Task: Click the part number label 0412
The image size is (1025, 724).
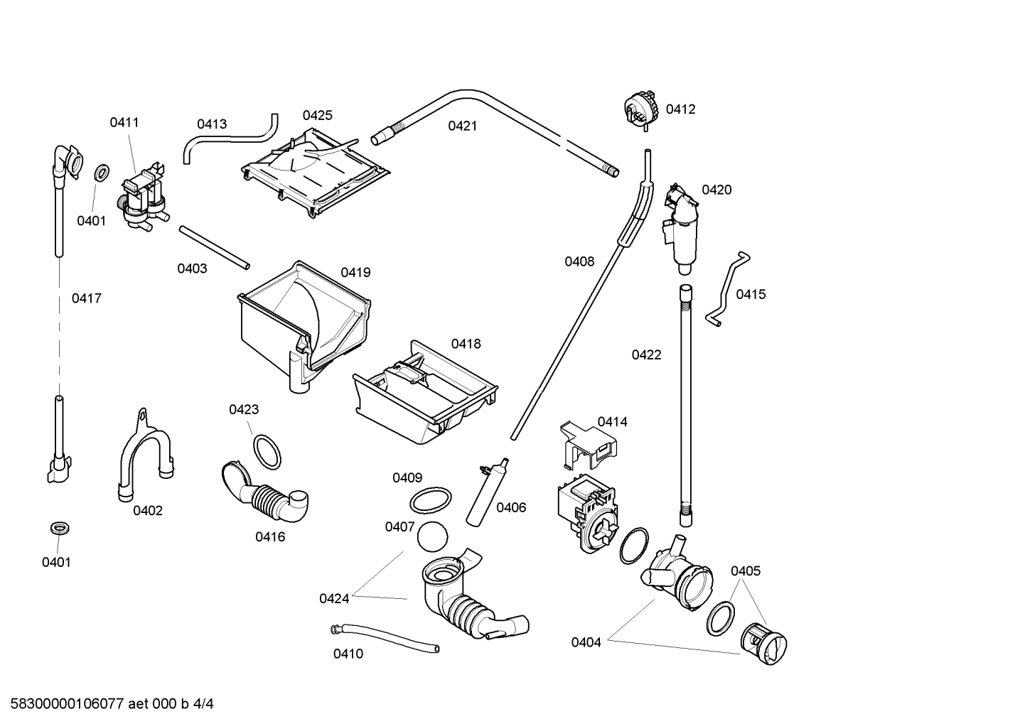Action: pos(680,109)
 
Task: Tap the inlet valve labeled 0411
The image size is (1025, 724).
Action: pos(145,195)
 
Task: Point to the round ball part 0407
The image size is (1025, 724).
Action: pos(430,536)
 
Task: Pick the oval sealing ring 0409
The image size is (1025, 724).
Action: pos(430,500)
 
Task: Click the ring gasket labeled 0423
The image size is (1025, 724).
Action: pos(267,451)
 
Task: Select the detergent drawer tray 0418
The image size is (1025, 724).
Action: pos(425,396)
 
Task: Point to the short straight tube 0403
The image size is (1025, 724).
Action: pos(215,247)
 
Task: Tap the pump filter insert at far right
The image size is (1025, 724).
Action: pos(763,644)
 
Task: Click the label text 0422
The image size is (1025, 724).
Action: pos(646,355)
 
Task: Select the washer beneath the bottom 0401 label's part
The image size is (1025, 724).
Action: pos(57,529)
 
